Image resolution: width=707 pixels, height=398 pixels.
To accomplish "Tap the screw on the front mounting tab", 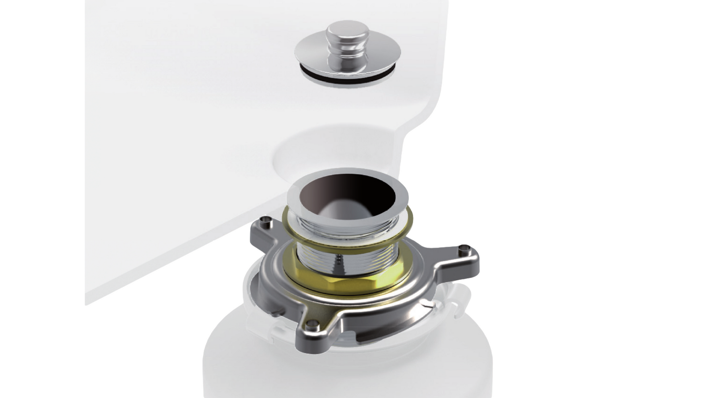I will pos(314,322).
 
